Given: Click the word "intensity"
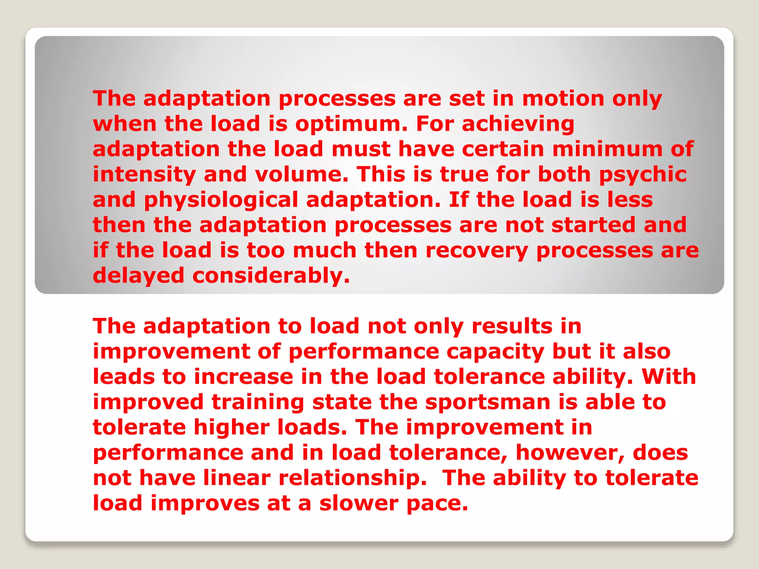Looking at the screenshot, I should (x=144, y=174).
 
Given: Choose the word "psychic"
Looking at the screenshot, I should (x=643, y=174).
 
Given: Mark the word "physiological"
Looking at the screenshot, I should (x=221, y=200).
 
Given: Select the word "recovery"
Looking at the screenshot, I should (x=477, y=250).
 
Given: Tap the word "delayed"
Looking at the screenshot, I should (x=138, y=276).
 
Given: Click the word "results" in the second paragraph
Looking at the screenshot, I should (x=512, y=326).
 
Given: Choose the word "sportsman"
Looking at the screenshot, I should (x=488, y=402).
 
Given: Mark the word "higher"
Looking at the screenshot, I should (x=232, y=427).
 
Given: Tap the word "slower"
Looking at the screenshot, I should (x=358, y=503).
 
